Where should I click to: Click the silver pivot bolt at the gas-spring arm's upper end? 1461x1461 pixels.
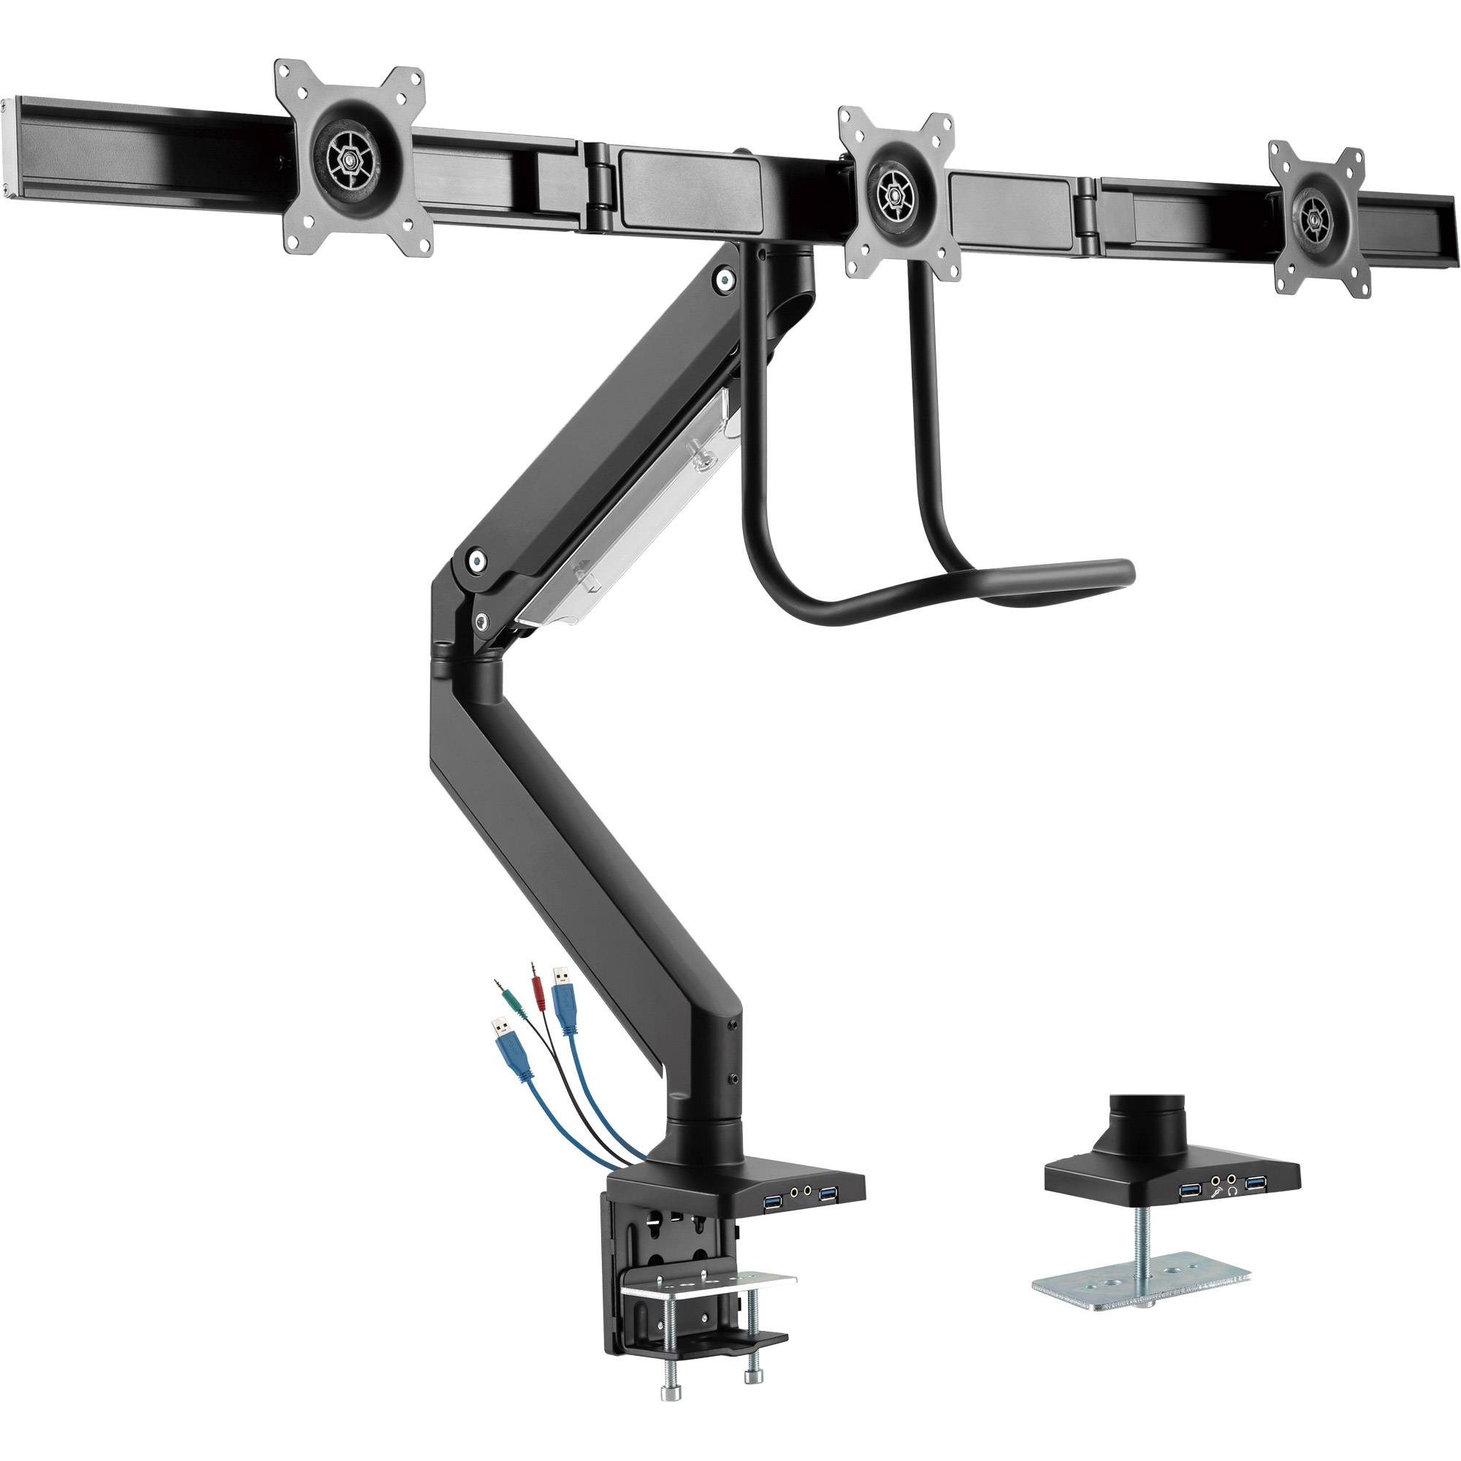tap(726, 281)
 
